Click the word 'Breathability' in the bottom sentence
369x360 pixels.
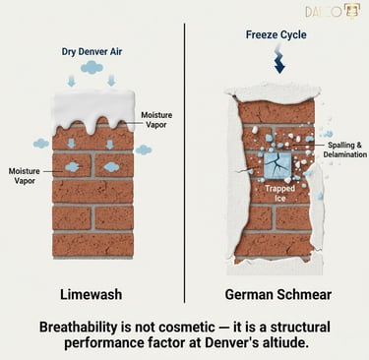pyautogui.click(x=87, y=326)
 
